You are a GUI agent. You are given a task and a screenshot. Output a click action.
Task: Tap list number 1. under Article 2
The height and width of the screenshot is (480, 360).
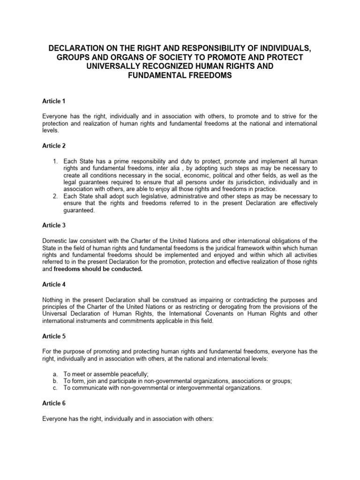click(x=55, y=161)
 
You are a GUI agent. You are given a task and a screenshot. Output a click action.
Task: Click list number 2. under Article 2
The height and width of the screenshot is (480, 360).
click(x=55, y=196)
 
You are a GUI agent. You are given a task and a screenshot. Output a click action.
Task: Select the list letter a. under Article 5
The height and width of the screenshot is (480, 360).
click(x=55, y=374)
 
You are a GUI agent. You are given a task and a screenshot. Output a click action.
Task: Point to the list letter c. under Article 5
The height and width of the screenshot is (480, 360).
click(x=55, y=388)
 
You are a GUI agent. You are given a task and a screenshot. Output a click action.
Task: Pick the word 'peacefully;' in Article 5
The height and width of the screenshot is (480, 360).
click(x=132, y=374)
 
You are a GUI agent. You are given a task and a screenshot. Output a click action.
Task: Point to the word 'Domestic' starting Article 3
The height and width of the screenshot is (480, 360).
click(x=54, y=241)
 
